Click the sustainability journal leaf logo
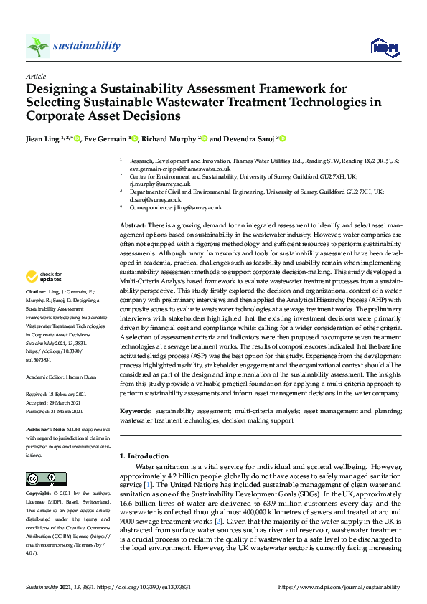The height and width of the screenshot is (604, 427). click(x=38, y=47)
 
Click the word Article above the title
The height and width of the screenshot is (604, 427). click(x=35, y=76)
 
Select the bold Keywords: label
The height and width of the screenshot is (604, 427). click(x=136, y=411)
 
